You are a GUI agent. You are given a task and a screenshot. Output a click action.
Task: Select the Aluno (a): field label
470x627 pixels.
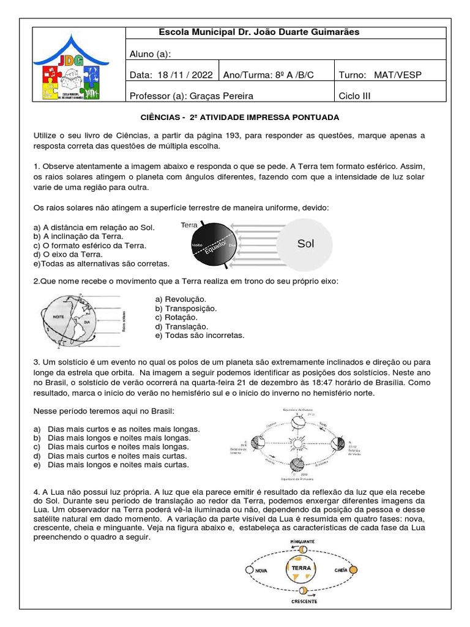(x=150, y=53)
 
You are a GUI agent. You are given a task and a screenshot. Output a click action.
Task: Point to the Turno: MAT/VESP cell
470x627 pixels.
(x=380, y=75)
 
